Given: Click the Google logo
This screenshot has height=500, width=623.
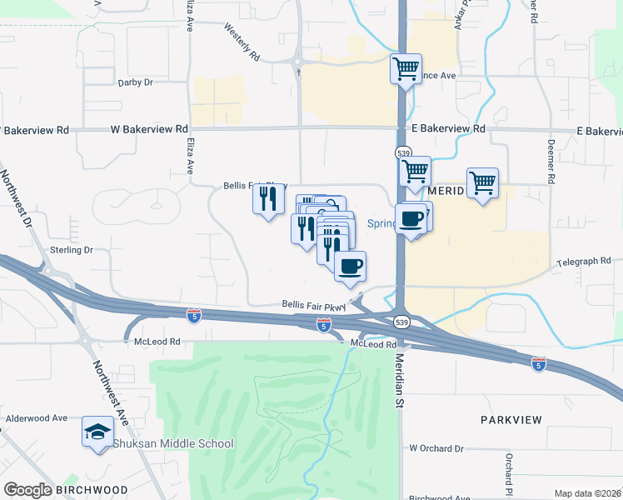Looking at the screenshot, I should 27,490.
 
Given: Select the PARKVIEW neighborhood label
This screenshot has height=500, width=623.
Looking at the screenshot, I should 511,420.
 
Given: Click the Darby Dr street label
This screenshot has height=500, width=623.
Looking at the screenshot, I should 136,82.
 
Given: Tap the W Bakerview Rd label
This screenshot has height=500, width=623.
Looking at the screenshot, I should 150,129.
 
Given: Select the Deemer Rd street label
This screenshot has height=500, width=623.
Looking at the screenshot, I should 551,167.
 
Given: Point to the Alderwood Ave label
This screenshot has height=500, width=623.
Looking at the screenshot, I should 37,418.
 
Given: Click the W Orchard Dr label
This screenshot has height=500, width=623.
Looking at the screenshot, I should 436,448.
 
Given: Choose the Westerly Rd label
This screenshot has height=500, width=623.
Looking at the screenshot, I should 242,39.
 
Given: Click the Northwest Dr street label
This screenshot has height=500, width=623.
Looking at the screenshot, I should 16,200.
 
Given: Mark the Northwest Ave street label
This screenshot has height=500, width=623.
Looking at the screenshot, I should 110,391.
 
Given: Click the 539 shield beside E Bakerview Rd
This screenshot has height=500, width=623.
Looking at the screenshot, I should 403,153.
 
